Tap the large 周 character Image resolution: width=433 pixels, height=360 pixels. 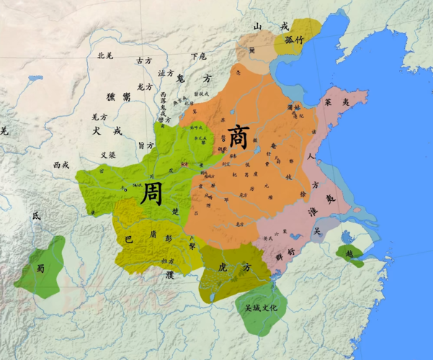152,193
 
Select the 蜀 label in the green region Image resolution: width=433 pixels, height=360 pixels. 41,269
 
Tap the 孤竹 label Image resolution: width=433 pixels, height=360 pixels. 293,40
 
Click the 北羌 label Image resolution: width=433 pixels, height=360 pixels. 106,55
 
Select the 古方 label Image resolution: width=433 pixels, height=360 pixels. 144,60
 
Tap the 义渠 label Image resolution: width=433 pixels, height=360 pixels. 108,154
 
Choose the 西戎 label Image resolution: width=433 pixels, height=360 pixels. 61,165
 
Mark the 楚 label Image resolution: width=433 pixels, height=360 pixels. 177,211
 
